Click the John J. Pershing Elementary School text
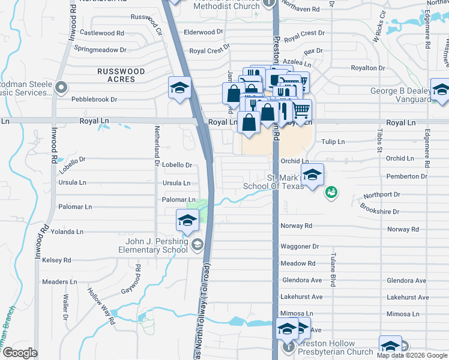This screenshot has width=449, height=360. click(152, 245)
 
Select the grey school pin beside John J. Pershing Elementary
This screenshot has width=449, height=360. click(197, 244)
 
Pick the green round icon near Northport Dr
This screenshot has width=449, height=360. click(330, 192)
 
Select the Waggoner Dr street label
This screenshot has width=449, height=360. click(299, 247)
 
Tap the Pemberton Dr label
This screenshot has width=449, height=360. click(406, 176)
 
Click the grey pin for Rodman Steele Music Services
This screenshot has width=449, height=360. click(61, 88)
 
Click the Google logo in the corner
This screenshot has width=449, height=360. click(19, 353)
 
